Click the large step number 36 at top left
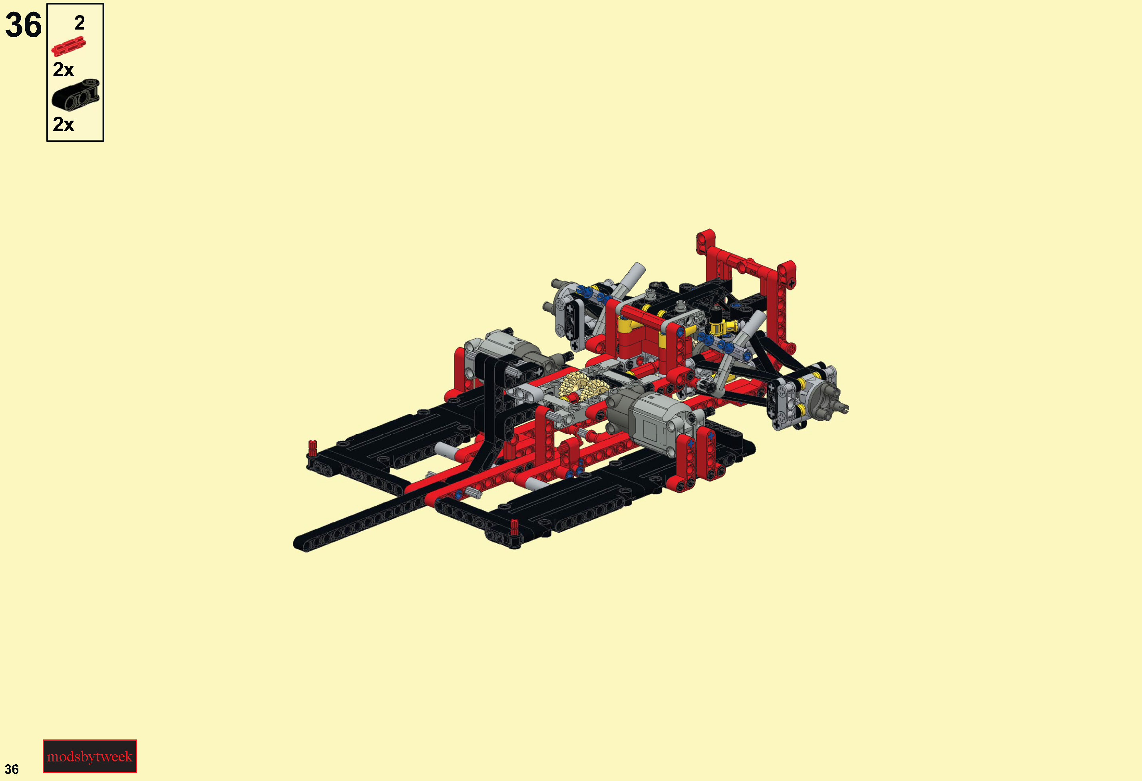23,25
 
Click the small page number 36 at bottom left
12,769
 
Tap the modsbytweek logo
90,756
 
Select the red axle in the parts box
69,46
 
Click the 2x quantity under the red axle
64,70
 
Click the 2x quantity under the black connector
64,124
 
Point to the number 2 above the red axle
80,23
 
